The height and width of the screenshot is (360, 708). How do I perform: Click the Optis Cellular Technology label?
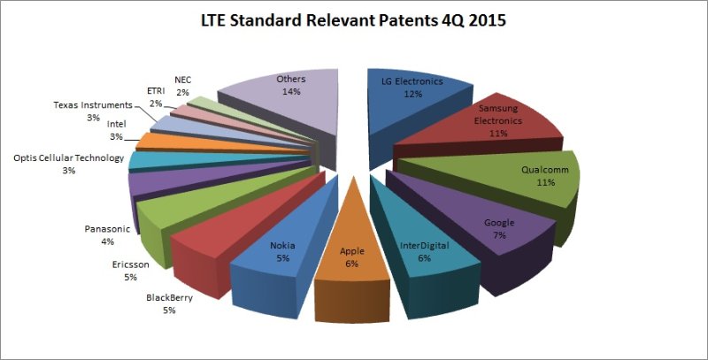(x=68, y=158)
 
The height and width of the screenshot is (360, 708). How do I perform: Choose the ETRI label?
(x=155, y=90)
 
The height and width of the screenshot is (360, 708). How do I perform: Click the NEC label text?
(x=183, y=78)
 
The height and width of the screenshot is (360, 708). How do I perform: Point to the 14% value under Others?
(x=291, y=91)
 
